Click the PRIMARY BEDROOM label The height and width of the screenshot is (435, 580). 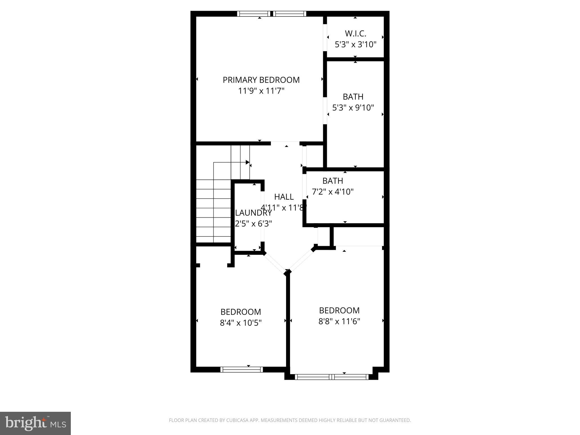coord(261,80)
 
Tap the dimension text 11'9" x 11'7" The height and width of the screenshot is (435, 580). coord(261,91)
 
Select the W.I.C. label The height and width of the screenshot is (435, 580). coord(355,34)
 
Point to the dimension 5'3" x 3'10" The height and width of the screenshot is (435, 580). coord(355,45)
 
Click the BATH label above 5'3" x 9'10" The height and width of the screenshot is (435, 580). coord(353,97)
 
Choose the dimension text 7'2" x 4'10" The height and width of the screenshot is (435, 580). coord(332,192)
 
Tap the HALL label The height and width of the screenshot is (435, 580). coord(283,197)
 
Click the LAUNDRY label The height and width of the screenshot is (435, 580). coord(253,213)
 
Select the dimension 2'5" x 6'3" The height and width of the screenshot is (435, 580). coord(253,224)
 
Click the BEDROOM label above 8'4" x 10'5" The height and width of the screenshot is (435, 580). coord(240,312)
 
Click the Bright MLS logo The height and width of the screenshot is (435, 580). coord(35,423)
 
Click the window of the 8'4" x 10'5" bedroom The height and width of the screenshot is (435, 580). coord(242,369)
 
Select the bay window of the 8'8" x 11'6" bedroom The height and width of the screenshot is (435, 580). coord(331,377)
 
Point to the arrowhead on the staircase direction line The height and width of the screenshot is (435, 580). coord(248,162)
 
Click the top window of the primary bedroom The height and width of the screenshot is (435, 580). coord(271,14)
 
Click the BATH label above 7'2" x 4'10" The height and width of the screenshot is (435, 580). coord(332,181)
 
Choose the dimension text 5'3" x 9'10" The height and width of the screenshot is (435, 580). coord(353,108)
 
